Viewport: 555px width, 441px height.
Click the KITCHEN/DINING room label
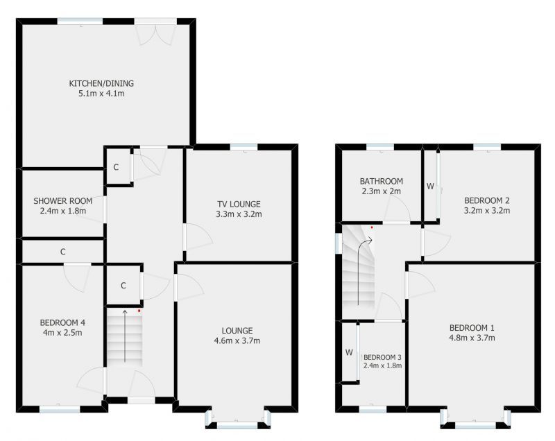click(101, 84)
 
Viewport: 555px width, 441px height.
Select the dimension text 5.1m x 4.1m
click(101, 94)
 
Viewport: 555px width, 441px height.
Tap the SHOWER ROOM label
click(62, 201)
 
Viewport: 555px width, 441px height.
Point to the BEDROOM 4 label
click(62, 322)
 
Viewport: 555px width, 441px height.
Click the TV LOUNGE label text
click(239, 204)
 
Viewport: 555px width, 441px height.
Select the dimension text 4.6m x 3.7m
click(237, 340)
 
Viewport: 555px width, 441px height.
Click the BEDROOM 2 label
click(487, 200)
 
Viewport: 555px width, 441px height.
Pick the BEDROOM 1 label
click(472, 328)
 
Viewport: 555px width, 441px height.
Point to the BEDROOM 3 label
click(383, 356)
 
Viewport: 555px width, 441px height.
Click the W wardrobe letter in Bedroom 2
click(430, 187)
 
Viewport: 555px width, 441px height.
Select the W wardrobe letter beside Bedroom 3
click(349, 352)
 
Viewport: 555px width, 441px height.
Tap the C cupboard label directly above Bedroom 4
click(62, 251)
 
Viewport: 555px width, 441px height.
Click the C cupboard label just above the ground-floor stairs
click(123, 285)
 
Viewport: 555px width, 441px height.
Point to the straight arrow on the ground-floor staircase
click(125, 336)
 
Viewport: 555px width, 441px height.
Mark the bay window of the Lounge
click(238, 418)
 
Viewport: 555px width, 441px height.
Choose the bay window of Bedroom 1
click(475, 418)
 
